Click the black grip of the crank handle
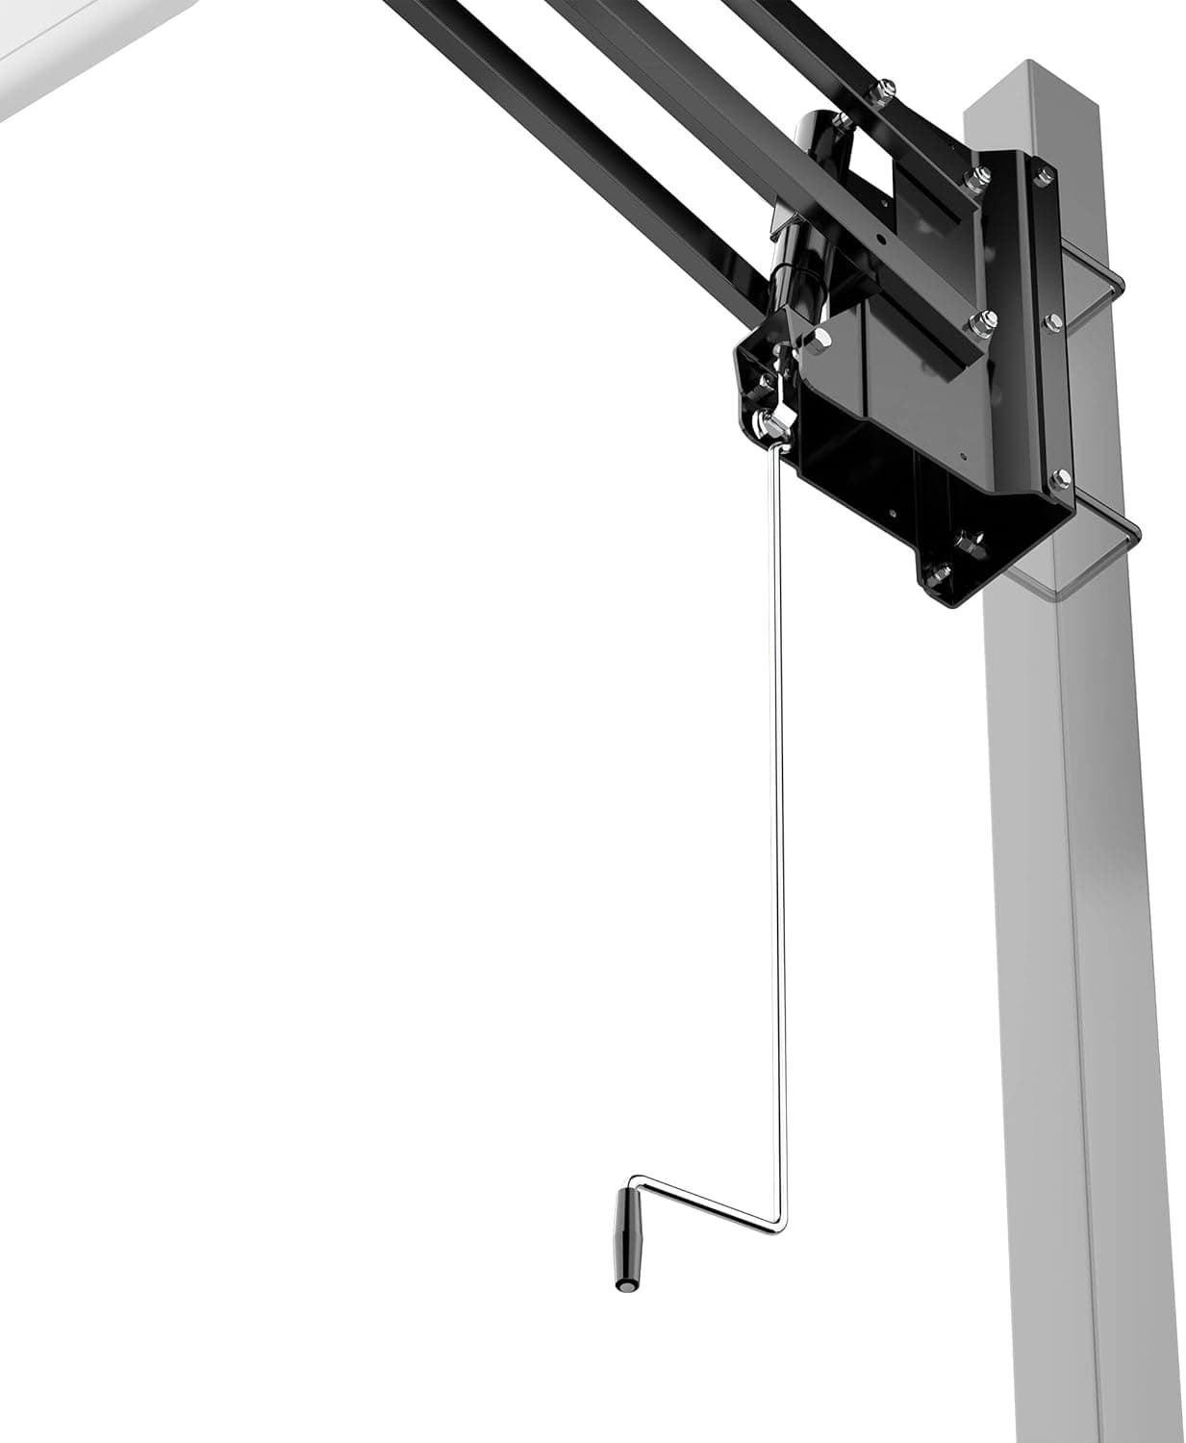pyautogui.click(x=628, y=1236)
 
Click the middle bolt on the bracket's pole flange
pyautogui.click(x=1051, y=320)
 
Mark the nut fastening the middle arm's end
pyautogui.click(x=979, y=324)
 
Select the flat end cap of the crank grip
pyautogui.click(x=623, y=1283)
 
